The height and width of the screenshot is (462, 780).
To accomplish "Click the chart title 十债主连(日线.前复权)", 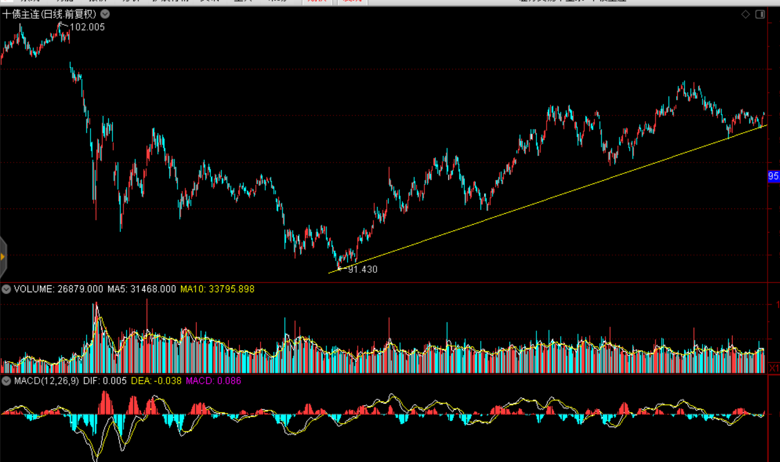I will pyautogui.click(x=49, y=14).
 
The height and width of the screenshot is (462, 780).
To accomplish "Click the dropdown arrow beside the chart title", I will pyautogui.click(x=105, y=14).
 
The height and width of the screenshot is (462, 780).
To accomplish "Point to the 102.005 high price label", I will pyautogui.click(x=87, y=27).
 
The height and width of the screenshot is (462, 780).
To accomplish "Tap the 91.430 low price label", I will pyautogui.click(x=363, y=270).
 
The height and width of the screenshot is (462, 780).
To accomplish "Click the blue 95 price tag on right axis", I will pyautogui.click(x=773, y=177).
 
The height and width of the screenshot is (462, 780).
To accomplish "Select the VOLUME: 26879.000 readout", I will pyautogui.click(x=58, y=289).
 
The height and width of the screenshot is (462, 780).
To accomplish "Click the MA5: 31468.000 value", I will pyautogui.click(x=142, y=289).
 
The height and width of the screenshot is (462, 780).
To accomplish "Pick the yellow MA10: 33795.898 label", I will pyautogui.click(x=217, y=289).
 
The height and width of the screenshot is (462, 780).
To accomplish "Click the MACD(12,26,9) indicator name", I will pyautogui.click(x=46, y=381).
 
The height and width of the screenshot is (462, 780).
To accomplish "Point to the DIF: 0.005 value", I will pyautogui.click(x=104, y=381).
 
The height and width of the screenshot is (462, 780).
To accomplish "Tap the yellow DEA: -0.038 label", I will pyautogui.click(x=156, y=381).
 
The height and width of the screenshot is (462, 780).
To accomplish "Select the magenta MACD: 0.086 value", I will pyautogui.click(x=213, y=381).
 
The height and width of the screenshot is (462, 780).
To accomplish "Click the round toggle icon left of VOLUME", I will pyautogui.click(x=6, y=289).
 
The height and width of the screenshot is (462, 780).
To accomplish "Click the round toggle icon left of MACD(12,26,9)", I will pyautogui.click(x=6, y=381).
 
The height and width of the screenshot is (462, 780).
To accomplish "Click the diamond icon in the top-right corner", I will pyautogui.click(x=746, y=14).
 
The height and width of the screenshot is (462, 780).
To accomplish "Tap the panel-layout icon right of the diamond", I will pyautogui.click(x=760, y=14).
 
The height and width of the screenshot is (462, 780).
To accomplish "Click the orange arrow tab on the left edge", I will pyautogui.click(x=3, y=257).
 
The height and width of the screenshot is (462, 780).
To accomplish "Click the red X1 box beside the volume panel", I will pyautogui.click(x=774, y=368).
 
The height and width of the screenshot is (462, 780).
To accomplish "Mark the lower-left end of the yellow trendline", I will pyautogui.click(x=329, y=273).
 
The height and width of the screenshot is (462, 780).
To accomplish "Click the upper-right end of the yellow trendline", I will pyautogui.click(x=766, y=125).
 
